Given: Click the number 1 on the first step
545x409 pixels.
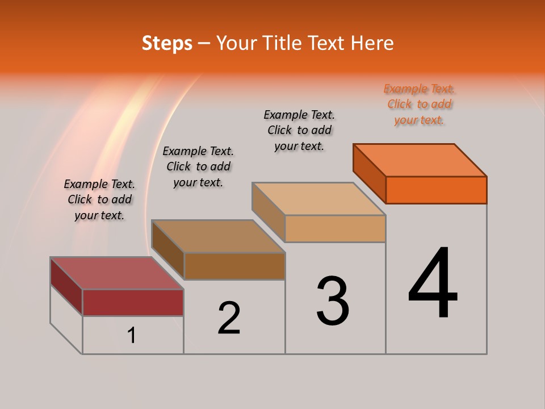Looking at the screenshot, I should tap(132, 335).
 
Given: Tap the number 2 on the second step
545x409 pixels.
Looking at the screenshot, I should tap(229, 318).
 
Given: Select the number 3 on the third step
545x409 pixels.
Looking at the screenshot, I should tap(333, 301).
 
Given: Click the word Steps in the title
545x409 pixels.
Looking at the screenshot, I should tap(167, 43).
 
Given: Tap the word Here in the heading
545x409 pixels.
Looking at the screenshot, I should tap(372, 43).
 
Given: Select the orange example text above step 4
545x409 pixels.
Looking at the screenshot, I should tap(419, 104).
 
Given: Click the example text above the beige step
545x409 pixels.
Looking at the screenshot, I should tap(299, 130).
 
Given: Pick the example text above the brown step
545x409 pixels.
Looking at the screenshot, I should tap(198, 166).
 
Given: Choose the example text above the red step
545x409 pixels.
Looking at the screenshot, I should tap(99, 199).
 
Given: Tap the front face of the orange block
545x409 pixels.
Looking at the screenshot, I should tap(436, 190).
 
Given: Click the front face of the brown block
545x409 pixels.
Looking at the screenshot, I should tap(234, 266).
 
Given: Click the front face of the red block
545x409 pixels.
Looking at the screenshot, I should tap(133, 302).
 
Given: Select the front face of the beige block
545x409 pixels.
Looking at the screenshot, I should tap(335, 228).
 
